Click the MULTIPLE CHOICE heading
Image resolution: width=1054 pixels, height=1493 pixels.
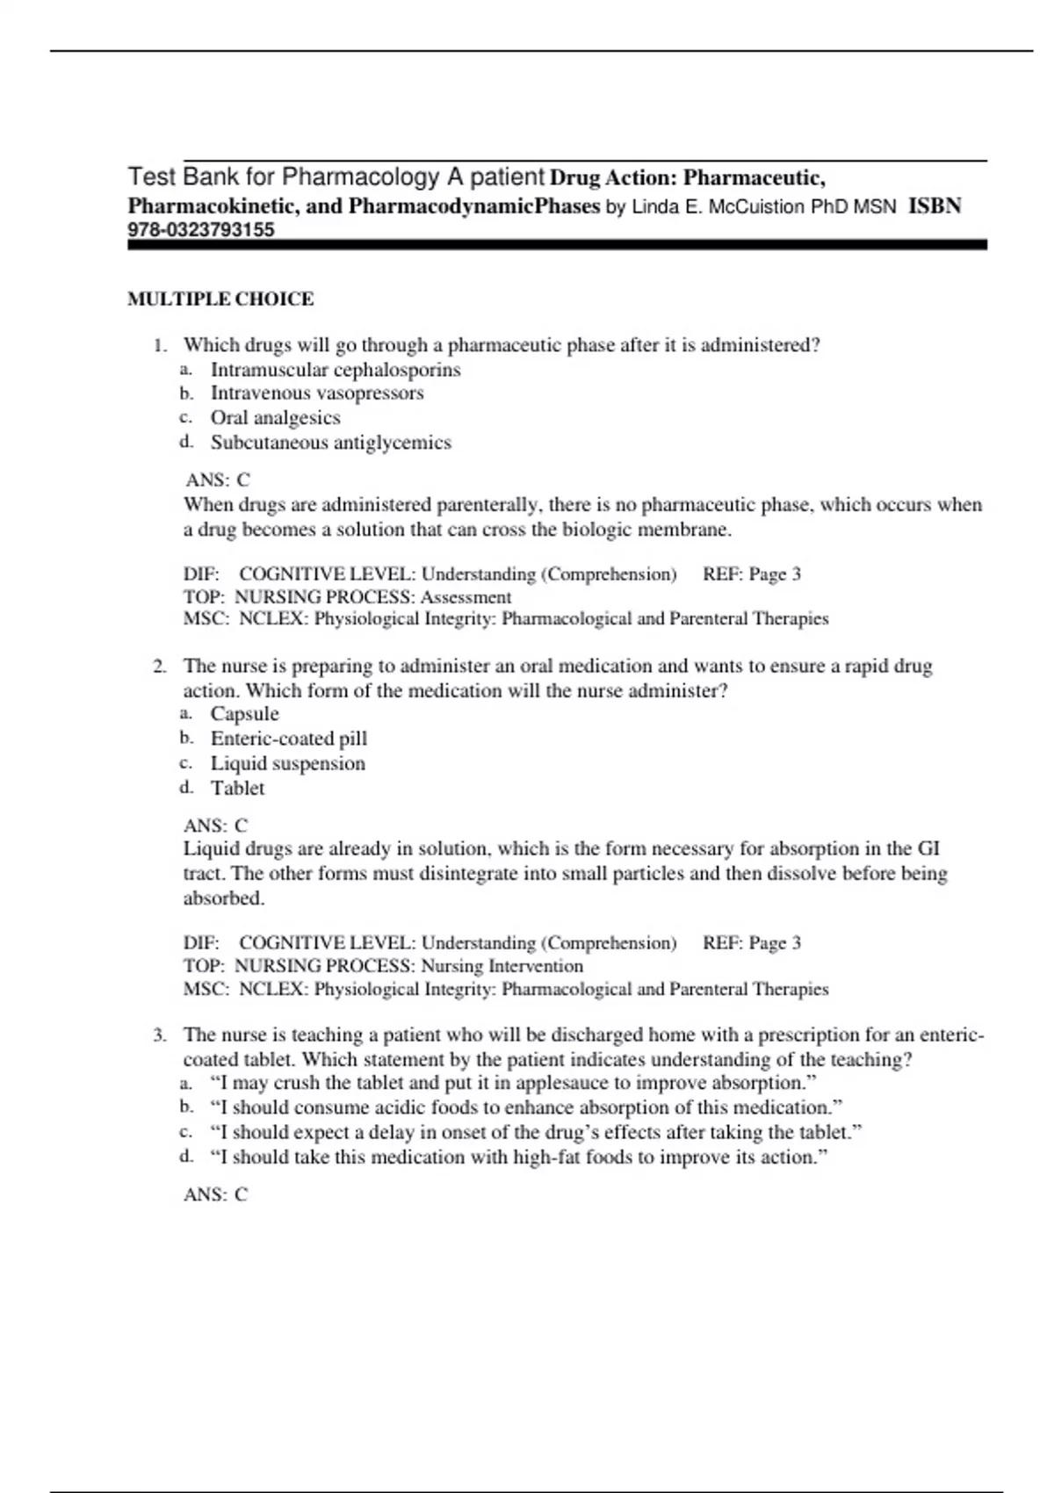click(220, 299)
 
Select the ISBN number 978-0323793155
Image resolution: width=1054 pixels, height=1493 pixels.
click(201, 230)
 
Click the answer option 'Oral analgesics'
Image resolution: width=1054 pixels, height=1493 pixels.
click(275, 418)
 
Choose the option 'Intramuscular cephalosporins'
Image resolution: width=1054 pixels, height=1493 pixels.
click(336, 370)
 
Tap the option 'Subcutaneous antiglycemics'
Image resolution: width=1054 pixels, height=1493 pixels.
click(330, 443)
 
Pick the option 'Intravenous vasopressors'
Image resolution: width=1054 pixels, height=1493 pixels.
click(317, 393)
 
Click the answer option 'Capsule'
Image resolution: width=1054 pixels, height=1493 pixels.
click(244, 714)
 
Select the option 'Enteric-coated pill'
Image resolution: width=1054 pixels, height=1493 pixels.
click(288, 739)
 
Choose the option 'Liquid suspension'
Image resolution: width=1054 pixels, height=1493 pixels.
click(287, 763)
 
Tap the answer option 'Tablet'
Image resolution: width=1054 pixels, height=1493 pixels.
click(237, 788)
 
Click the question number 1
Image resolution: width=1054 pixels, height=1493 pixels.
click(159, 345)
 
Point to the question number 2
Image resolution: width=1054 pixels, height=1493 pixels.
click(159, 667)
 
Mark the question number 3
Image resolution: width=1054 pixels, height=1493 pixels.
click(159, 1035)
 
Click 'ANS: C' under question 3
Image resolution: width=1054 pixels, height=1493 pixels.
click(216, 1194)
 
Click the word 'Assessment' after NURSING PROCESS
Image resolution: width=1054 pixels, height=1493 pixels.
click(466, 597)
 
